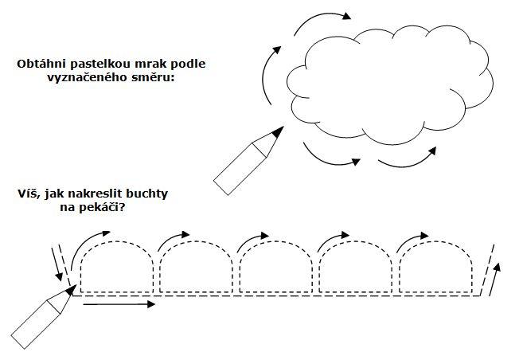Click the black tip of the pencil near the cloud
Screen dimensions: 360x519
[x=275, y=133]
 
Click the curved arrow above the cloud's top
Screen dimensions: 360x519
[x=320, y=19]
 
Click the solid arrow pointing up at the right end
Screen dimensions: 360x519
[x=498, y=280]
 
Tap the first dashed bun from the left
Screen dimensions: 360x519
[x=115, y=267]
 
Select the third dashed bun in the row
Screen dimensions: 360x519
[x=275, y=267]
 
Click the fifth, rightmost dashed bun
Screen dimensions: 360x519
[x=435, y=267]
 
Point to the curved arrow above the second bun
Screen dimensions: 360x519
[x=174, y=239]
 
